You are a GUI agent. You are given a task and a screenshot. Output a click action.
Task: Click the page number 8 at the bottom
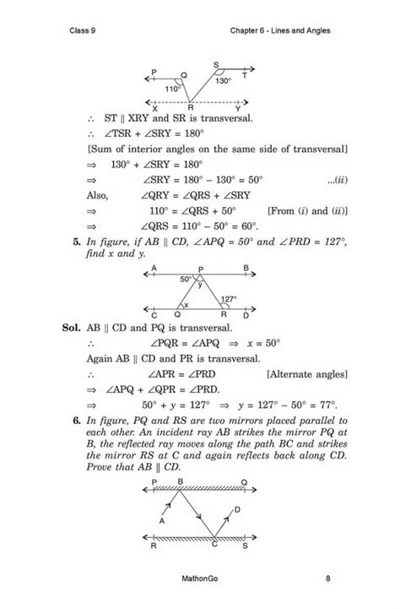[x=327, y=579]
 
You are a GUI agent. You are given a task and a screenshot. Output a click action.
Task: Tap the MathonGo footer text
[x=199, y=579]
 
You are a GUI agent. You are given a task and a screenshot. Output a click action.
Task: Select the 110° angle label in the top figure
[x=172, y=88]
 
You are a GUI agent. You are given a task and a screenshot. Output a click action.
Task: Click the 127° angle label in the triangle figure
[x=228, y=300]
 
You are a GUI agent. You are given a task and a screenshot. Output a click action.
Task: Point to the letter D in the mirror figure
[x=237, y=510]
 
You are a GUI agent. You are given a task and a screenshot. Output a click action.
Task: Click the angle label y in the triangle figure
[x=200, y=285]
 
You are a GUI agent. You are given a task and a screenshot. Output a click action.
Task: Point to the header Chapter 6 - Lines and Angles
[x=279, y=31]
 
